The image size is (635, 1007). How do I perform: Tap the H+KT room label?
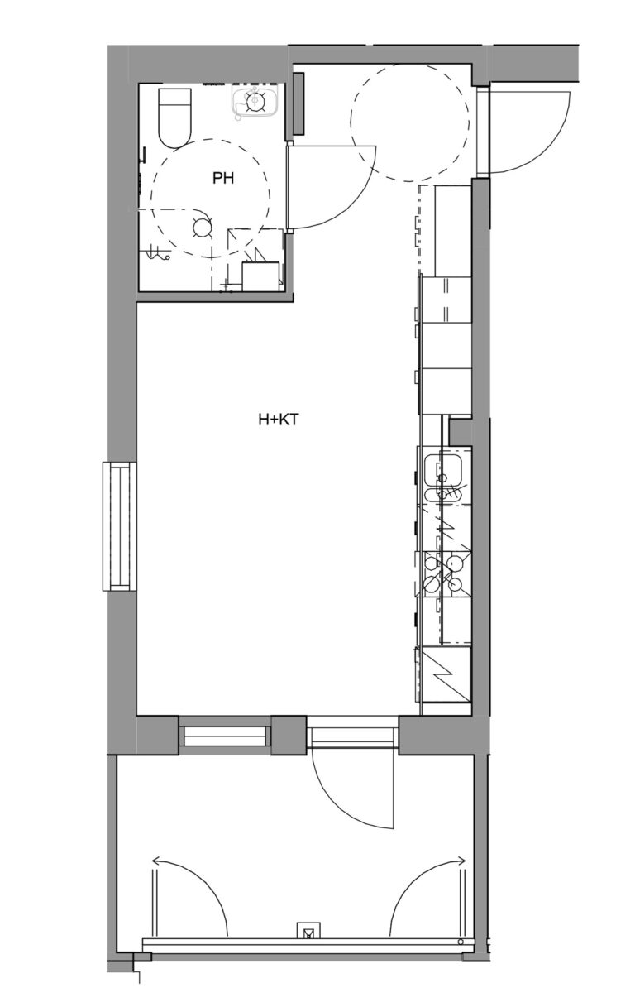tap(277, 420)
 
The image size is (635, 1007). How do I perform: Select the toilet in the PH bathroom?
tap(174, 116)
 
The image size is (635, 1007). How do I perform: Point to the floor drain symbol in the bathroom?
tap(201, 227)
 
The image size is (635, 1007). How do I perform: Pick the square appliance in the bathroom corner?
tap(260, 276)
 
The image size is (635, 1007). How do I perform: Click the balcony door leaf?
tap(312, 778)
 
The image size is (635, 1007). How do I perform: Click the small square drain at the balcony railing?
tap(308, 933)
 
